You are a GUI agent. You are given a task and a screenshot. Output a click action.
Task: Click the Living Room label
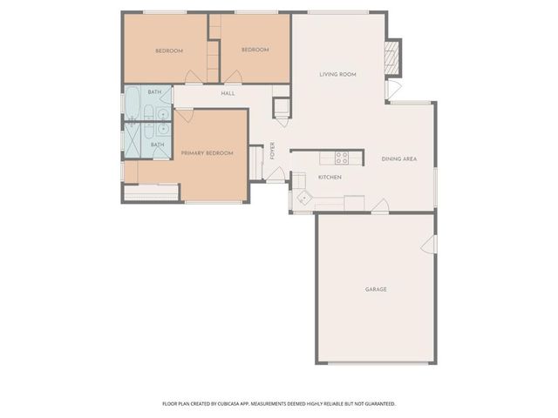coord(337,75)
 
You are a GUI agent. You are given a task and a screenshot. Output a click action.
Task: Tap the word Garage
coord(375,289)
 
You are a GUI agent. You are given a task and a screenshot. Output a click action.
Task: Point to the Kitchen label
coord(329,177)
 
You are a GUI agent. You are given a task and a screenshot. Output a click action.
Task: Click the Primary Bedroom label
coord(207,153)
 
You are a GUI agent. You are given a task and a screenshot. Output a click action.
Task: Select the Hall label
coord(228,93)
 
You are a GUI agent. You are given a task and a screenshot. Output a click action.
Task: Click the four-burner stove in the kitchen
coord(342,158)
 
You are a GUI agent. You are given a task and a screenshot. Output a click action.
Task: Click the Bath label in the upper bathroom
coord(154,92)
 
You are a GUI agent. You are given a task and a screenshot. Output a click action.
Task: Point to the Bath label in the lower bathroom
coord(158,145)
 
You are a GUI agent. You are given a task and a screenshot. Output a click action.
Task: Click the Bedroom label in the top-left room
coord(169,51)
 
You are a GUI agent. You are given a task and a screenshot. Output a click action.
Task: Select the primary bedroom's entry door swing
coord(184,115)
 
